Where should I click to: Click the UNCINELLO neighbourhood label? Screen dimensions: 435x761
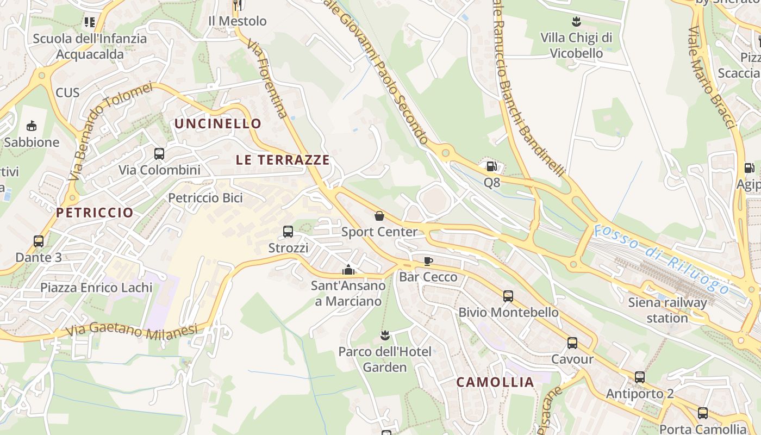click(x=218, y=123)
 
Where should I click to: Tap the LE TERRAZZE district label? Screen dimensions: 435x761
click(x=283, y=160)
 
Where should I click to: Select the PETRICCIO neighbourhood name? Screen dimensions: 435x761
click(x=95, y=213)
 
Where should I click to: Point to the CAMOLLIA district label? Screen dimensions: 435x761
click(x=495, y=382)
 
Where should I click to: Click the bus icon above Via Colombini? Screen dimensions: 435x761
click(x=159, y=154)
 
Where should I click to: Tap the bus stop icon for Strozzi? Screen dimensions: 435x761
click(x=288, y=232)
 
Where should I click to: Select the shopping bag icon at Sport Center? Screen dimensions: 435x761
click(x=379, y=216)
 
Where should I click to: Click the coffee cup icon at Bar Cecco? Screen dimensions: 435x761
click(x=428, y=261)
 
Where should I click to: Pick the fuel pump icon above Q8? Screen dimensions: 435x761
click(x=491, y=166)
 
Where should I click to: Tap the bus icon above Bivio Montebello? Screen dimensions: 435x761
click(x=508, y=296)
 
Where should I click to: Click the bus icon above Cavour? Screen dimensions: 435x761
click(x=572, y=343)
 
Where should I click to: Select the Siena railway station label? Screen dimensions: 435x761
click(x=668, y=310)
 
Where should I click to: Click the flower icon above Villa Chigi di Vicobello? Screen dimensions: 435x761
click(x=576, y=22)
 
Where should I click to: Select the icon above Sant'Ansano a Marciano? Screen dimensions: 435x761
click(x=348, y=270)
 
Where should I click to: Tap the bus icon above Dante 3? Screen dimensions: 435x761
click(x=39, y=241)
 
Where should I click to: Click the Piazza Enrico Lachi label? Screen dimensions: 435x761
click(x=96, y=287)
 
